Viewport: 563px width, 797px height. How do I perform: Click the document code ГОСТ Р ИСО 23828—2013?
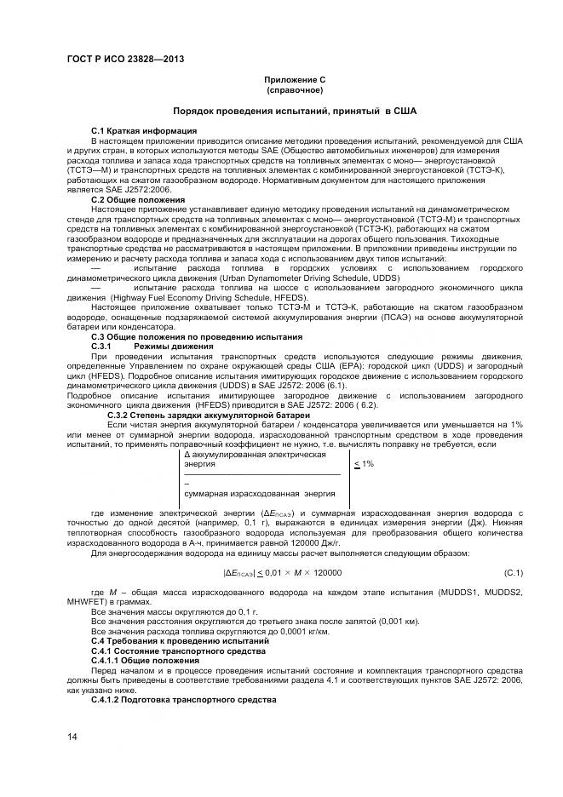pos(124,59)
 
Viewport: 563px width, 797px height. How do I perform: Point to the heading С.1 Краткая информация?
pos(144,130)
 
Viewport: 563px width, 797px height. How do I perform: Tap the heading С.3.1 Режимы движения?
pos(141,347)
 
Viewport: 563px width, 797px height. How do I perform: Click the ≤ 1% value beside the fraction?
pos(364,464)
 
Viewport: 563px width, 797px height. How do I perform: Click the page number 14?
pos(72,737)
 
